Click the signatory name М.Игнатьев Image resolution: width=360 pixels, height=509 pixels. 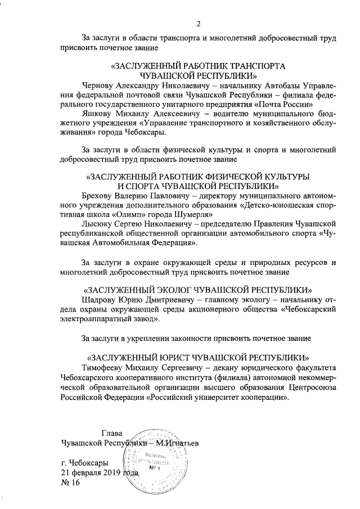pos(179,443)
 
